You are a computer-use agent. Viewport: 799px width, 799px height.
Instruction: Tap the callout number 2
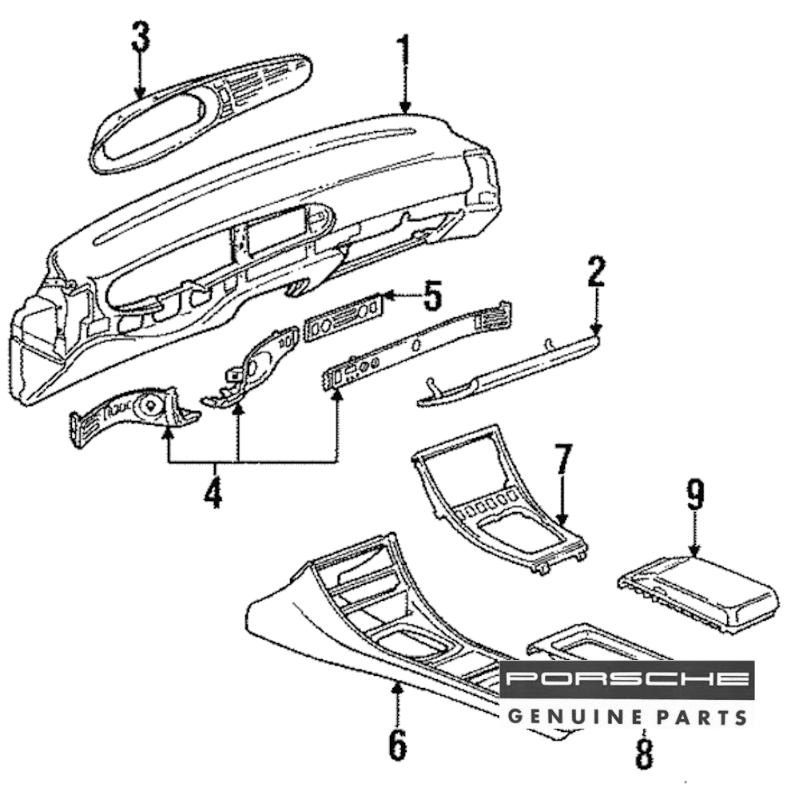click(596, 273)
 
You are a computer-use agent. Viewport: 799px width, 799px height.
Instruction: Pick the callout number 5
click(431, 296)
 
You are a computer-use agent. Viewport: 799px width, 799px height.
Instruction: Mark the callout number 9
click(695, 495)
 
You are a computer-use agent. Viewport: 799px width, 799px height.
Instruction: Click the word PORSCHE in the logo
click(627, 680)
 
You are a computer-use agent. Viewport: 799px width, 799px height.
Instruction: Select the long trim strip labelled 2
click(511, 372)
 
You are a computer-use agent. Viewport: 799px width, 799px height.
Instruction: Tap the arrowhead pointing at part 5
click(389, 297)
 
